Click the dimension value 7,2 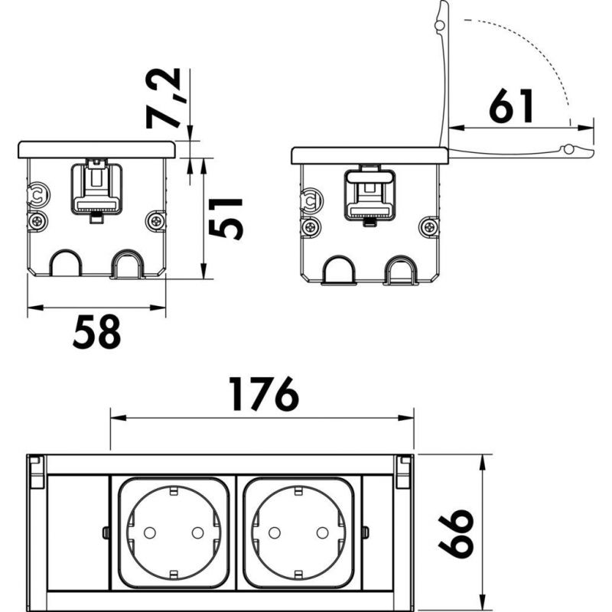pyautogui.click(x=162, y=98)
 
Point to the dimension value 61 pyautogui.click(x=512, y=106)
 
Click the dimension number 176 pyautogui.click(x=263, y=396)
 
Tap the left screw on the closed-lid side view pyautogui.click(x=37, y=222)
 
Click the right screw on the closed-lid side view pyautogui.click(x=157, y=222)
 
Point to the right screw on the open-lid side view pyautogui.click(x=431, y=226)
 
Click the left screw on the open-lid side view pyautogui.click(x=311, y=226)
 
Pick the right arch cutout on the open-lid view pyautogui.click(x=400, y=269)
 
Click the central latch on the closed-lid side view pyautogui.click(x=96, y=187)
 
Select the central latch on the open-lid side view pyautogui.click(x=370, y=194)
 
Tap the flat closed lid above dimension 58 pyautogui.click(x=96, y=148)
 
